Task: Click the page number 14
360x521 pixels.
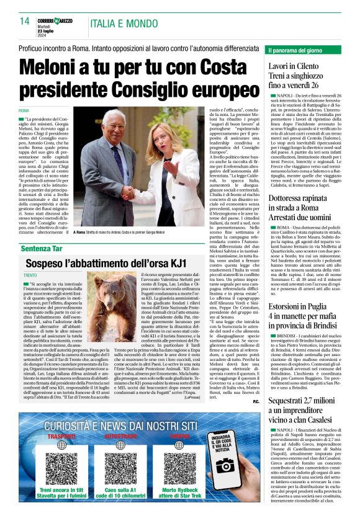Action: pyautogui.click(x=24, y=21)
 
